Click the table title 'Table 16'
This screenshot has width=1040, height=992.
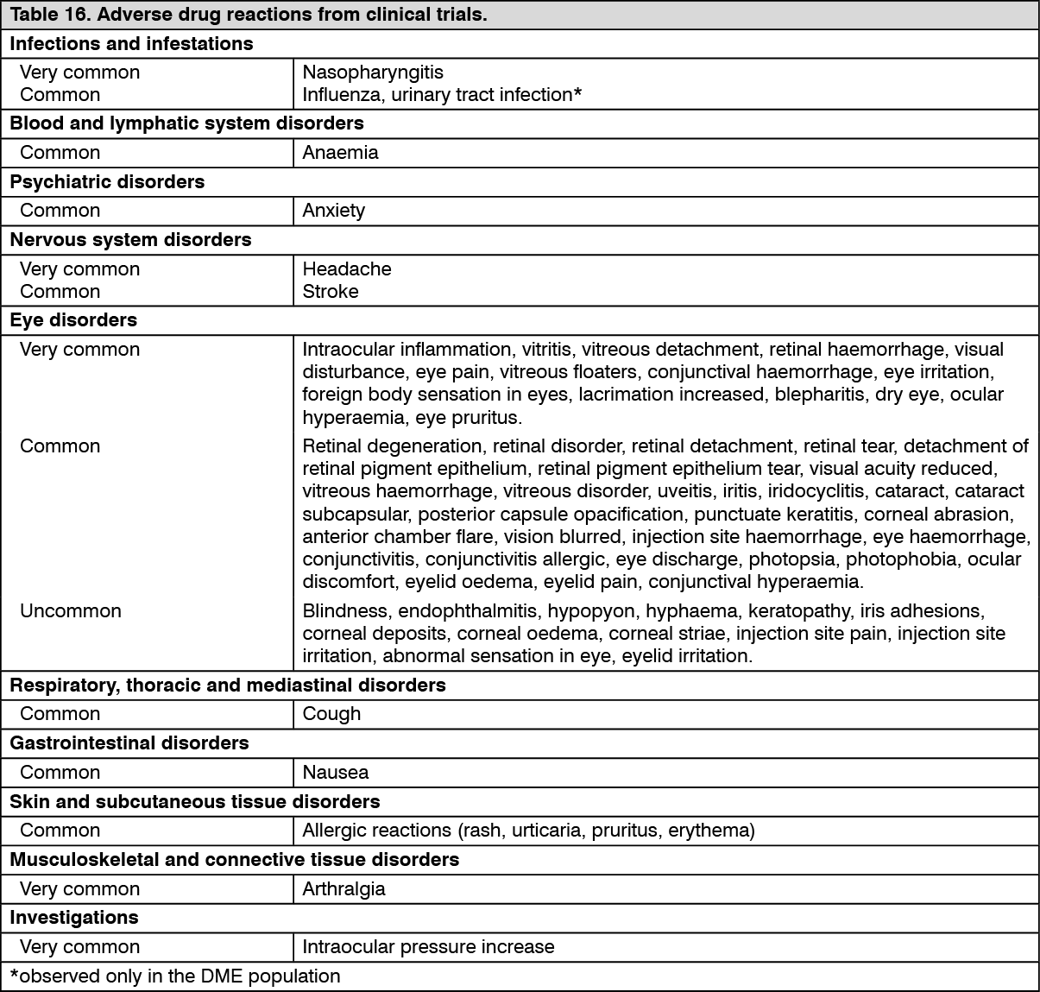(x=249, y=16)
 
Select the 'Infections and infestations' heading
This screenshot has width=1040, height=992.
(x=131, y=44)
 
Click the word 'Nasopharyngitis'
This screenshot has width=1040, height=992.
(x=373, y=73)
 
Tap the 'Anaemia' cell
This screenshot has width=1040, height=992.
(x=340, y=153)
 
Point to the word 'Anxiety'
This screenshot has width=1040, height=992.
(x=333, y=211)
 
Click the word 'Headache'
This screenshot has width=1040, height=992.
(x=346, y=269)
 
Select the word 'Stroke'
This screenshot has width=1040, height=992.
(x=330, y=292)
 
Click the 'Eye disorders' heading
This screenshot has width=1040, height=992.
(x=73, y=320)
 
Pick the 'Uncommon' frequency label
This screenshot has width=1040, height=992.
(x=71, y=611)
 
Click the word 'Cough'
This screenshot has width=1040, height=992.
(x=331, y=714)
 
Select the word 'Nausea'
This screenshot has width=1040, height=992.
(x=335, y=773)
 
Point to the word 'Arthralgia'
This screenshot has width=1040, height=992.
(x=344, y=889)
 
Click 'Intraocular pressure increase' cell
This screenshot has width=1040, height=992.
(x=428, y=947)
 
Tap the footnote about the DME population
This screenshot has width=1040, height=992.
(x=175, y=976)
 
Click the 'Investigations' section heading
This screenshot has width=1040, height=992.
(x=74, y=918)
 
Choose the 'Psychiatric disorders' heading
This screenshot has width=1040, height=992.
(x=107, y=182)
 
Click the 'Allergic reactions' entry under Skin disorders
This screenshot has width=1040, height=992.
(x=528, y=831)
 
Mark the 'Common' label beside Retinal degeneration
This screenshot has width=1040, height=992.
(x=60, y=446)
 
